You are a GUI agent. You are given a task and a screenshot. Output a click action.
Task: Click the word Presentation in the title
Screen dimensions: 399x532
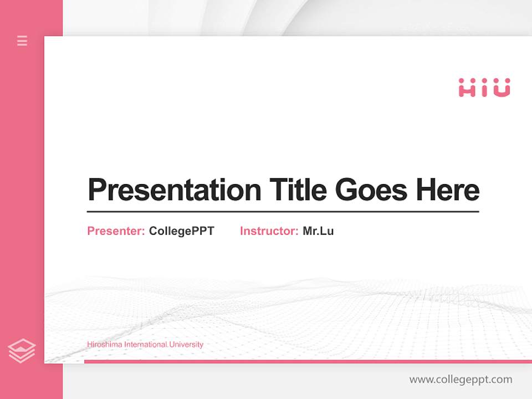[174, 190]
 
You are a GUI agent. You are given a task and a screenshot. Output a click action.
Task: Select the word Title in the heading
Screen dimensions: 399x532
[298, 190]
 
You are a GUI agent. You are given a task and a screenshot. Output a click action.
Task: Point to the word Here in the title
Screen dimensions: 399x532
[448, 190]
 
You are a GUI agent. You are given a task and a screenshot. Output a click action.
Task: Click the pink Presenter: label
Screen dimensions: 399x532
[116, 231]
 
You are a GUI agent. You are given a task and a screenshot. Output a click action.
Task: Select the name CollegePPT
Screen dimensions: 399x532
[181, 231]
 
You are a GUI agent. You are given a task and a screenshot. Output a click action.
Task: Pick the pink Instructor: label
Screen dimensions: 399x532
[269, 231]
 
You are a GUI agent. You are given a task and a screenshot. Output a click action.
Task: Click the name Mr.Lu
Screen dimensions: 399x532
[318, 231]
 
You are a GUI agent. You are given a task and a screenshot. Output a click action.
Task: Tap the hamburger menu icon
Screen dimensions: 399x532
[22, 40]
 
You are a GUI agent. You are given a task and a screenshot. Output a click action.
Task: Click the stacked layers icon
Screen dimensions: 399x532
[22, 351]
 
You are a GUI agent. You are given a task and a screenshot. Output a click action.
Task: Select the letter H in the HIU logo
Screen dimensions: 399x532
[467, 88]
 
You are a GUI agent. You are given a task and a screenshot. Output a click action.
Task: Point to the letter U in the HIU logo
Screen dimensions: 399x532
[502, 88]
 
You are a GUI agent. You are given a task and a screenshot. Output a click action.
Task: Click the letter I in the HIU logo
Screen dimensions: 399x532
[485, 88]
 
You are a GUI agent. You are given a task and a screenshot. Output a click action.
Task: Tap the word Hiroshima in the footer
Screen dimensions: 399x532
[104, 345]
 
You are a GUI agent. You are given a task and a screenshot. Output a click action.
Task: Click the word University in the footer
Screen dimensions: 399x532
[186, 345]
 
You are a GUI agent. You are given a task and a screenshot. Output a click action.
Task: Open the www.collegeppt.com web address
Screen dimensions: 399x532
[461, 380]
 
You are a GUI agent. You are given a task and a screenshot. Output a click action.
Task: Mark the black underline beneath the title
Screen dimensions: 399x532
[283, 212]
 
